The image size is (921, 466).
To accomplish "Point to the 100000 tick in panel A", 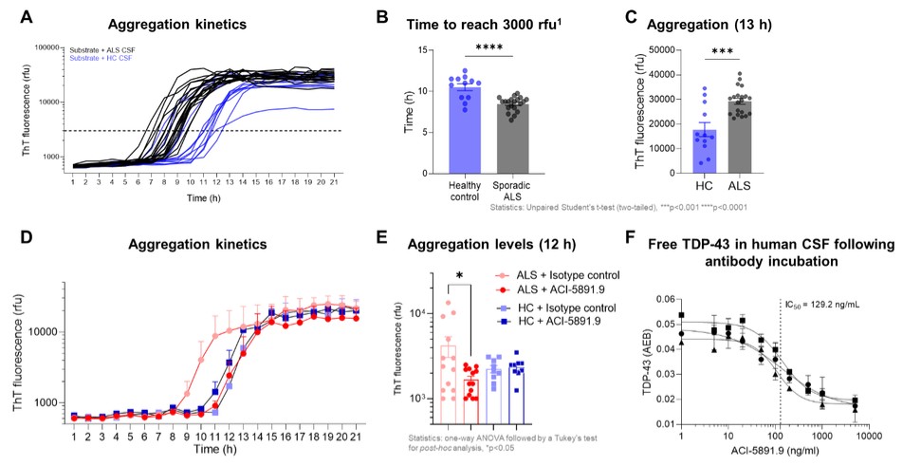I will click(x=44, y=46).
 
